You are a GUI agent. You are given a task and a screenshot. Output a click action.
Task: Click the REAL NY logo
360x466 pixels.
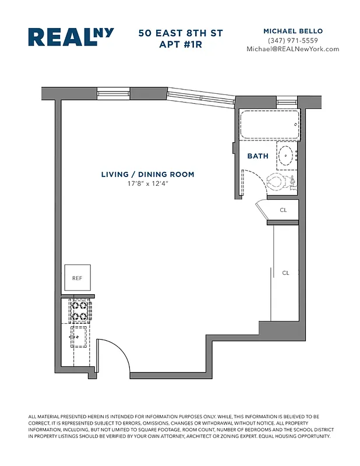[x=70, y=37]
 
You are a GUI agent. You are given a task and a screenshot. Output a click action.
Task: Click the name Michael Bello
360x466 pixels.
[x=292, y=31]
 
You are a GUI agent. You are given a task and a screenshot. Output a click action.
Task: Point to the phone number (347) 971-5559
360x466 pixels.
[x=292, y=40]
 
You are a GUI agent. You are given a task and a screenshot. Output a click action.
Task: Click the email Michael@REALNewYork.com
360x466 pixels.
[x=292, y=50]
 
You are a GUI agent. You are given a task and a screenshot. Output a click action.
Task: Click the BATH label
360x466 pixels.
[x=257, y=156]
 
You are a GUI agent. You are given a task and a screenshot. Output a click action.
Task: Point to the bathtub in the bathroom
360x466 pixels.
[x=270, y=125]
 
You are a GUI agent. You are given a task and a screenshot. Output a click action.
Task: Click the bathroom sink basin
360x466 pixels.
[x=285, y=156]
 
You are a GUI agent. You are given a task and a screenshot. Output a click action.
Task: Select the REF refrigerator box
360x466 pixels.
[x=77, y=278]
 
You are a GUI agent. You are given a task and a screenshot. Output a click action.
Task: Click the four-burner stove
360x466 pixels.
[x=80, y=310]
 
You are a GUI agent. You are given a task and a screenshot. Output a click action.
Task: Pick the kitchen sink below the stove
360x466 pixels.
[x=79, y=337]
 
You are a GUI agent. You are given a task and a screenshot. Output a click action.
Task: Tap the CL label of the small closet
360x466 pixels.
[x=283, y=210]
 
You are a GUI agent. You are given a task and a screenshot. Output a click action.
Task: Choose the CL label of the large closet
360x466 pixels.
[x=285, y=273]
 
